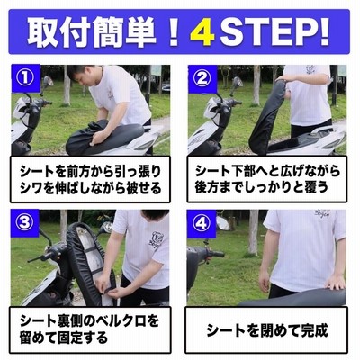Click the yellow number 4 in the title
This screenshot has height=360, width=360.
(x=202, y=32)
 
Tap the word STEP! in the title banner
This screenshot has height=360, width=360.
(x=274, y=32)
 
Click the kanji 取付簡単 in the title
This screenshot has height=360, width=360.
(x=92, y=32)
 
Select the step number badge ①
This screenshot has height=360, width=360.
(x=25, y=78)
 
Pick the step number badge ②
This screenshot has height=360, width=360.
(x=202, y=78)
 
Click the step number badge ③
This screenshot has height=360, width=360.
(x=25, y=223)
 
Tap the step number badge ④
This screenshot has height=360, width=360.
(x=201, y=223)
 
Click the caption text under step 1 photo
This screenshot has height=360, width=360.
(x=91, y=180)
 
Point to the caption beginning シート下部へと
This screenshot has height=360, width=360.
(x=267, y=179)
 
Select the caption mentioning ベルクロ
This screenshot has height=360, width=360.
(x=89, y=329)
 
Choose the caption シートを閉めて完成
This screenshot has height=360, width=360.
(x=267, y=330)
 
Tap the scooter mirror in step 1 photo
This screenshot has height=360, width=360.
(x=48, y=82)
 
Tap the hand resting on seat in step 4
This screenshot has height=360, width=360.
(x=336, y=282)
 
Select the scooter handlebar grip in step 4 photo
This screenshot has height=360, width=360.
(x=217, y=255)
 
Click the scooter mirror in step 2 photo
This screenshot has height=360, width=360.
(x=237, y=82)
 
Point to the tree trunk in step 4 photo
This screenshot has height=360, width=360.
(x=253, y=232)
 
